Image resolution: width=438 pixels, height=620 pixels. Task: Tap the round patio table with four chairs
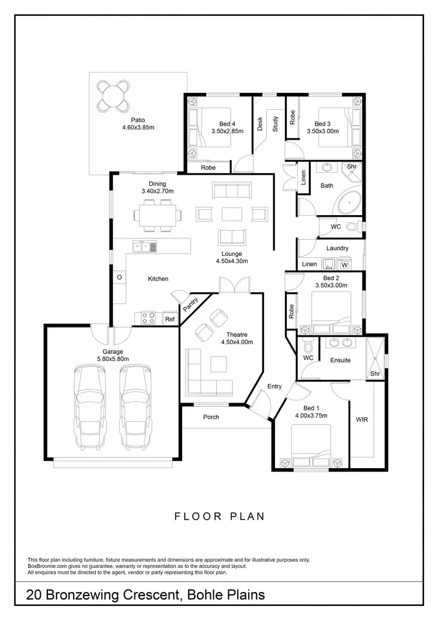(114, 95)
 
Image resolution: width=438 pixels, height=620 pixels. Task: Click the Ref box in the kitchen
(169, 319)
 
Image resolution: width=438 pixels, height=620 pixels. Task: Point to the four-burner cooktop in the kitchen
(148, 318)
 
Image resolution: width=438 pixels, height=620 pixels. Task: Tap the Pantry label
(190, 304)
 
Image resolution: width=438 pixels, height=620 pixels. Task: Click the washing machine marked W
(345, 265)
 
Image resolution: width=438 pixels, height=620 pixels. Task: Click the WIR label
(361, 420)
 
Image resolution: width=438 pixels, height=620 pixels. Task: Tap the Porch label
(211, 417)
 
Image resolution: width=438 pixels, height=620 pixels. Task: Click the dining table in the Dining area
(156, 214)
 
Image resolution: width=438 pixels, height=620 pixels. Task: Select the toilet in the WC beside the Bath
(352, 226)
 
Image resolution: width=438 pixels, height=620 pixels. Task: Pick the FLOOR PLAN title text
(220, 516)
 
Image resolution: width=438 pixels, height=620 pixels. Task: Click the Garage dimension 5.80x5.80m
(113, 359)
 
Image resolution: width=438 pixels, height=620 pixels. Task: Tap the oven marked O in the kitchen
(119, 277)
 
